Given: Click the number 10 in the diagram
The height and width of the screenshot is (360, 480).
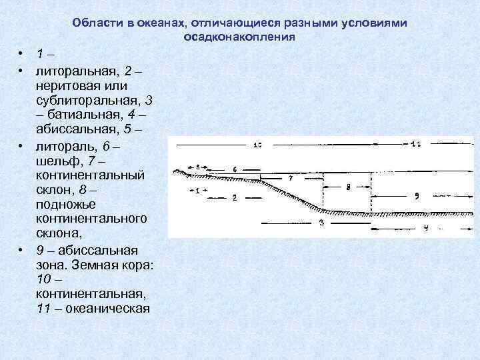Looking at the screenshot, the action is [x=257, y=145].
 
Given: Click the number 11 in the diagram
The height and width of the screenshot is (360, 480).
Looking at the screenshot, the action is [x=415, y=144].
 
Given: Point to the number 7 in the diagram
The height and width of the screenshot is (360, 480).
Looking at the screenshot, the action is [x=289, y=179].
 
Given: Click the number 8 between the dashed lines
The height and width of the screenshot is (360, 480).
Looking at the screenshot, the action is [x=347, y=187].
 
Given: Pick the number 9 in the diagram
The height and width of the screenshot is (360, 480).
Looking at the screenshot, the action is [x=415, y=196].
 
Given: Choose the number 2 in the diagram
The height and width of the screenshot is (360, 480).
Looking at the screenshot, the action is [x=235, y=197].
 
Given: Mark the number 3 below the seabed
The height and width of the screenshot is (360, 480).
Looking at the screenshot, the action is [x=321, y=223].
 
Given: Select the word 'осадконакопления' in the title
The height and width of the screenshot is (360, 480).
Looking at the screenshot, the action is [x=239, y=37].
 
